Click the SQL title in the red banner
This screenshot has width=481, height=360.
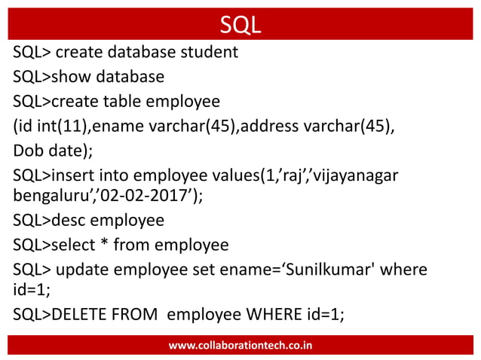tap(240, 24)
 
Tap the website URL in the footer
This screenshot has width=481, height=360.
tap(240, 345)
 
